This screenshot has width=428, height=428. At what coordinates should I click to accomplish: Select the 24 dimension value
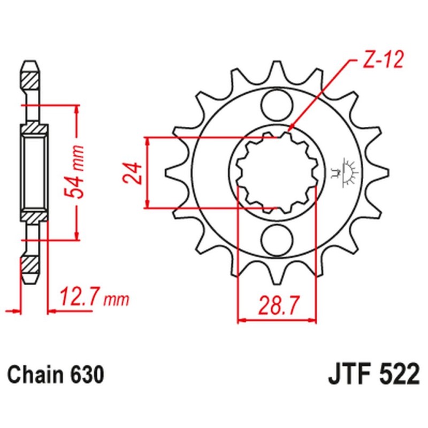point(134,172)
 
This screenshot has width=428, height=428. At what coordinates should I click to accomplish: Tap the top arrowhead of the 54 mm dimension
point(78,110)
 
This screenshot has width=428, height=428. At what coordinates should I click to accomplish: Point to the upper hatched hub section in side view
point(34,129)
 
